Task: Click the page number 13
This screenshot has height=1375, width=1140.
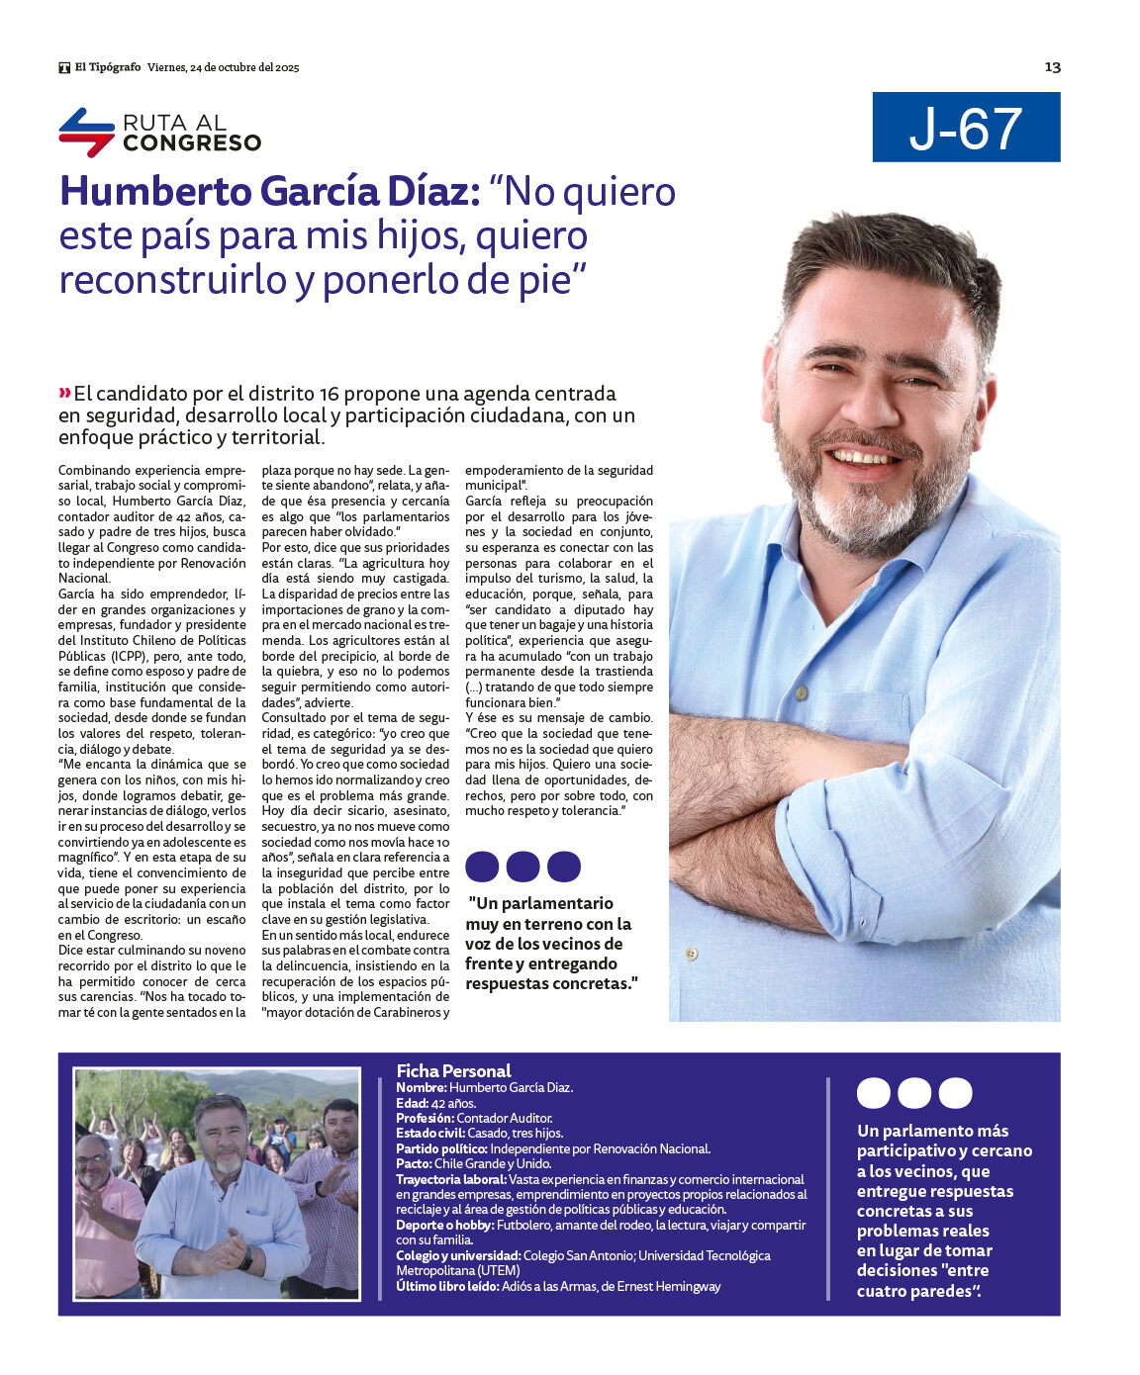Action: (x=1052, y=67)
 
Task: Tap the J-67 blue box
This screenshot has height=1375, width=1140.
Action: (x=966, y=128)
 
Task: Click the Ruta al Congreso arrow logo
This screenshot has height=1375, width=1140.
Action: (x=86, y=132)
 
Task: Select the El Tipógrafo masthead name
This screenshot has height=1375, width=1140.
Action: (x=107, y=67)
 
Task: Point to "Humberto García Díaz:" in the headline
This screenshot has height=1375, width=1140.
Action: (x=269, y=192)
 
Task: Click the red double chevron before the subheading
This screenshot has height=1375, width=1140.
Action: (x=65, y=394)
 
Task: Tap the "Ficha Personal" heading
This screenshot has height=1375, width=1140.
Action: (x=453, y=1070)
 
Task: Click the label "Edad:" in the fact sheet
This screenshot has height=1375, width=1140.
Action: (x=412, y=1103)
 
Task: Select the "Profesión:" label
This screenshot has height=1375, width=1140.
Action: (x=425, y=1118)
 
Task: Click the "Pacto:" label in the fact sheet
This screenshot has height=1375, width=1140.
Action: (x=414, y=1163)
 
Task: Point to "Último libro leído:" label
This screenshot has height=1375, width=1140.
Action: (x=447, y=1286)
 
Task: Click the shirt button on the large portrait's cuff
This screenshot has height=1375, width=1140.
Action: (x=691, y=954)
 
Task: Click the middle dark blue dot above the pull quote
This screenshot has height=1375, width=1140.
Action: (x=522, y=867)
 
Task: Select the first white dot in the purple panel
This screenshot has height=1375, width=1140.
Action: (x=873, y=1093)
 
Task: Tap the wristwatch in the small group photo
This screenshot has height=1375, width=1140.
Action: (x=244, y=1258)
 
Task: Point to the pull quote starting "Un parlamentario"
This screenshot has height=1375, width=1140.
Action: (x=550, y=943)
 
